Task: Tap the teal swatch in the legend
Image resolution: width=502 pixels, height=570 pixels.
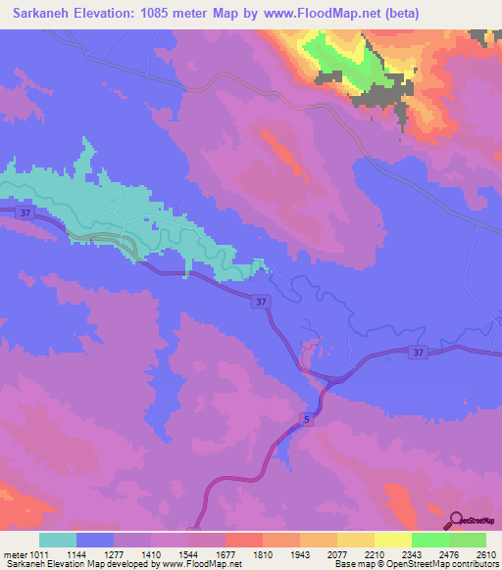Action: (58, 540)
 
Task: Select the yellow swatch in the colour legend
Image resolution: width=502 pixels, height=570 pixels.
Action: (393, 540)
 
